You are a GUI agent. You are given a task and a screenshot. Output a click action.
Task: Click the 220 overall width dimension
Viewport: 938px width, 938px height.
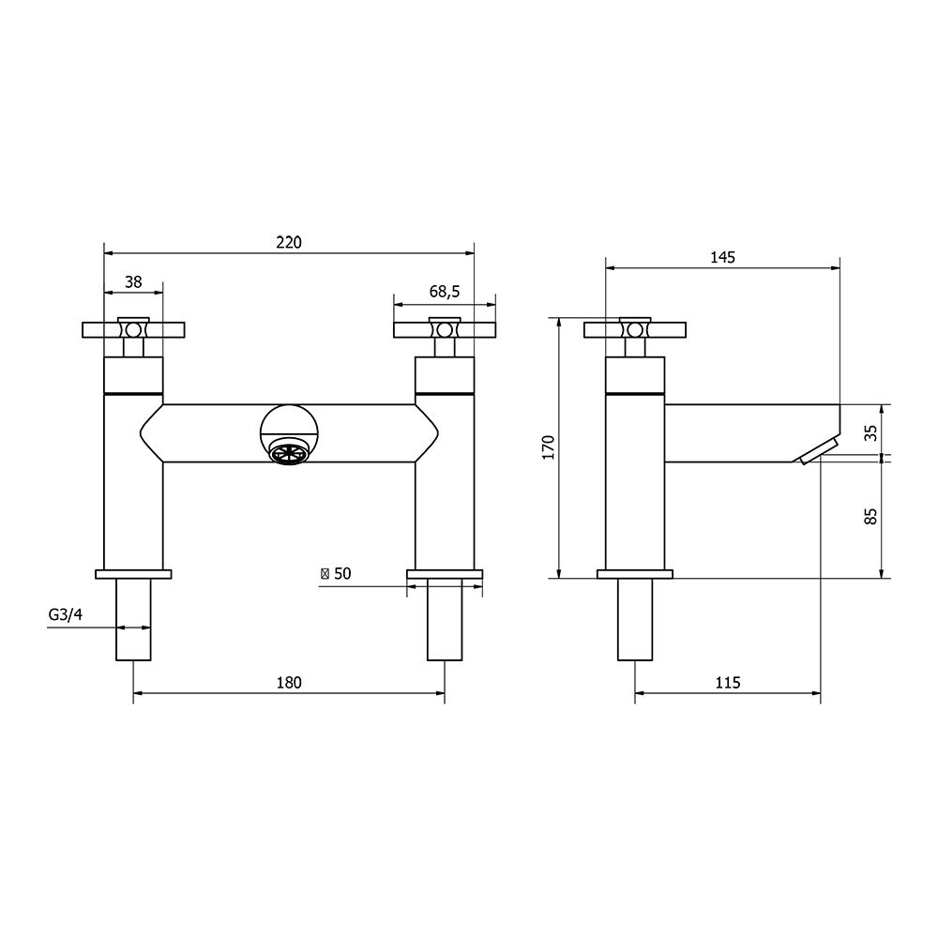(x=289, y=242)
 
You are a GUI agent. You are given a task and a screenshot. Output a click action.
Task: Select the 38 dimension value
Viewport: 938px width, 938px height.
(x=133, y=280)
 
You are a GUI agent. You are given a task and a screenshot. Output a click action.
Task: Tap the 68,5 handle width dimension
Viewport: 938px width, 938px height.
(x=445, y=292)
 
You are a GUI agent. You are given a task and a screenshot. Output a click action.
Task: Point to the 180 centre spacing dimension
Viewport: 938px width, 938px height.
(x=289, y=682)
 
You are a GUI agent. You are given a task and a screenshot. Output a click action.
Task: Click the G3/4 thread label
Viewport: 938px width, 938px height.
(x=67, y=615)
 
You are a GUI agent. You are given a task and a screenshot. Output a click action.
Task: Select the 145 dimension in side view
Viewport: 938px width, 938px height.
(x=722, y=257)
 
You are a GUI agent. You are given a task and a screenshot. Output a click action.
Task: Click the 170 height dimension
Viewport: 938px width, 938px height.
(x=549, y=447)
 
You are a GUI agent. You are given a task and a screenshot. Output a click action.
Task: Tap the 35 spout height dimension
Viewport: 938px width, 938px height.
(x=870, y=431)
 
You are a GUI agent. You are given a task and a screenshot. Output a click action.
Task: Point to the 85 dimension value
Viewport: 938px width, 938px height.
(x=870, y=516)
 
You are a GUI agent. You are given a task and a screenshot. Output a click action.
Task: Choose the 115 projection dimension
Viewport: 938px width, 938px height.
(x=727, y=682)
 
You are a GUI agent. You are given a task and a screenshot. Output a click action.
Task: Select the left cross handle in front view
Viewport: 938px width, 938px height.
(x=133, y=329)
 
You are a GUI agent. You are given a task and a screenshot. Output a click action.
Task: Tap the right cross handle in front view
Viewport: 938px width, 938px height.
(x=445, y=329)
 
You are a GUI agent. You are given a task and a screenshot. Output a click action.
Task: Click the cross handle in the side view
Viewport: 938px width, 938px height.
(x=635, y=329)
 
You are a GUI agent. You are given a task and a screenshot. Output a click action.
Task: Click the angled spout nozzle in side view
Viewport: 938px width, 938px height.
(x=820, y=450)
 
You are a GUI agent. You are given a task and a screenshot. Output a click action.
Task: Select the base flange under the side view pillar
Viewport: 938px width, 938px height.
(x=635, y=573)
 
